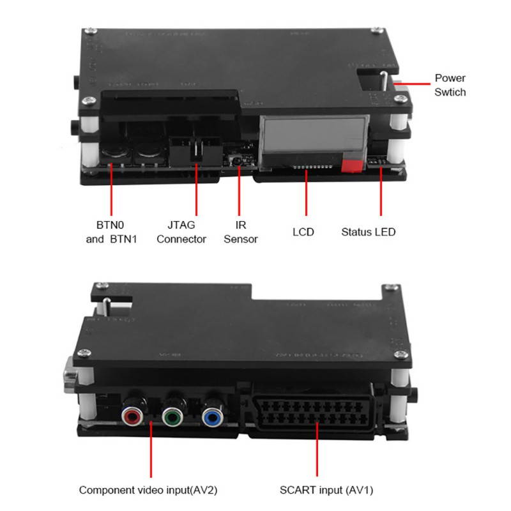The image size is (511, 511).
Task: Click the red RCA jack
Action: (132, 416)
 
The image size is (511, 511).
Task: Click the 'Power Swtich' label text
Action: (450, 85)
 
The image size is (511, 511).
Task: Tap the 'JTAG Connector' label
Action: (181, 232)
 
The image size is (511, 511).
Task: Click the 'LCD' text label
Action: (303, 232)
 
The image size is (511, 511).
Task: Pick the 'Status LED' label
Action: (368, 232)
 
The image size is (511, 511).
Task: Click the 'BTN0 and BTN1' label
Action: (111, 232)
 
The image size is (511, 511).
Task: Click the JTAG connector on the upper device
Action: (192, 148)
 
